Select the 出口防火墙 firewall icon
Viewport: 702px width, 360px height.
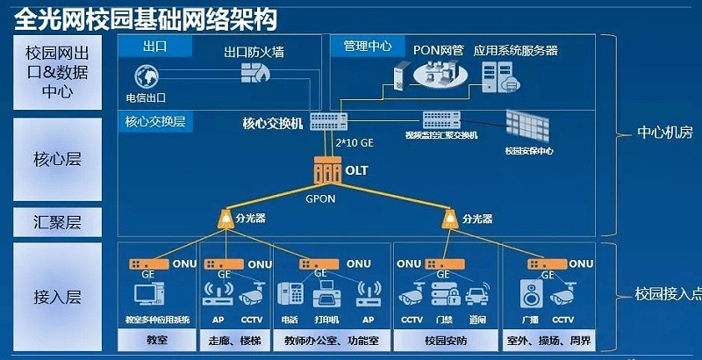coord(254,73)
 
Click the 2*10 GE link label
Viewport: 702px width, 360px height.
coord(355,141)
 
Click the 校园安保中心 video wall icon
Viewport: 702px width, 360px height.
coord(529,128)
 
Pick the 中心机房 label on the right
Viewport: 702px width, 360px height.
coord(664,133)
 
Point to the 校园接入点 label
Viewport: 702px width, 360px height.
coord(669,293)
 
